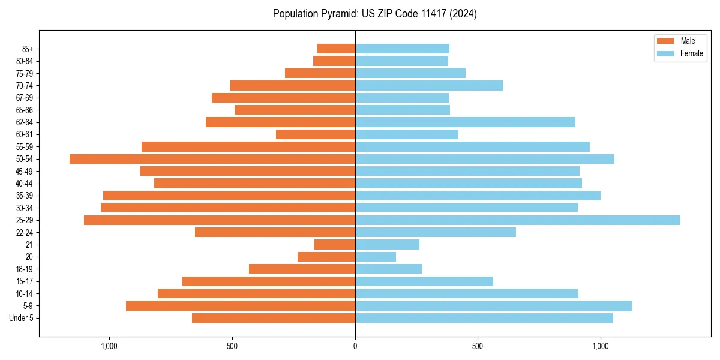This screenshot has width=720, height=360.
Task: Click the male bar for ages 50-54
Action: pyautogui.click(x=212, y=159)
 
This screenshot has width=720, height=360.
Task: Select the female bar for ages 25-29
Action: pyautogui.click(x=517, y=220)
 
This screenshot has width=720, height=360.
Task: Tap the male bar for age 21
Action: pyautogui.click(x=335, y=245)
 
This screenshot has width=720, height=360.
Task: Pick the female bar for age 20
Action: pyautogui.click(x=376, y=257)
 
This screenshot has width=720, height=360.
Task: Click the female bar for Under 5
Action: pyautogui.click(x=484, y=318)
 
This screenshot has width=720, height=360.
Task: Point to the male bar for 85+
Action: pyautogui.click(x=336, y=49)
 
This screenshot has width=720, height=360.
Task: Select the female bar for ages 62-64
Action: pyautogui.click(x=465, y=122)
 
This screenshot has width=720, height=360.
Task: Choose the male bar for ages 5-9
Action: pyautogui.click(x=241, y=306)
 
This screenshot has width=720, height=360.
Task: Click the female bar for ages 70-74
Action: pyautogui.click(x=429, y=86)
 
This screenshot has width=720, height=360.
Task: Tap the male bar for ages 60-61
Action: pyautogui.click(x=316, y=134)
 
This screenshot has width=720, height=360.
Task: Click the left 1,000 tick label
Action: pyautogui.click(x=109, y=346)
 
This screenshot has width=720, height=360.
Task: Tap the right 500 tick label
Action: pyautogui.click(x=478, y=346)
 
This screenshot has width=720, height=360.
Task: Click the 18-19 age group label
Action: pyautogui.click(x=25, y=269)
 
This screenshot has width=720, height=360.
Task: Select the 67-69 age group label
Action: pyautogui.click(x=25, y=98)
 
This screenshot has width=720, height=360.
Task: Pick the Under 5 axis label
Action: pyautogui.click(x=22, y=318)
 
